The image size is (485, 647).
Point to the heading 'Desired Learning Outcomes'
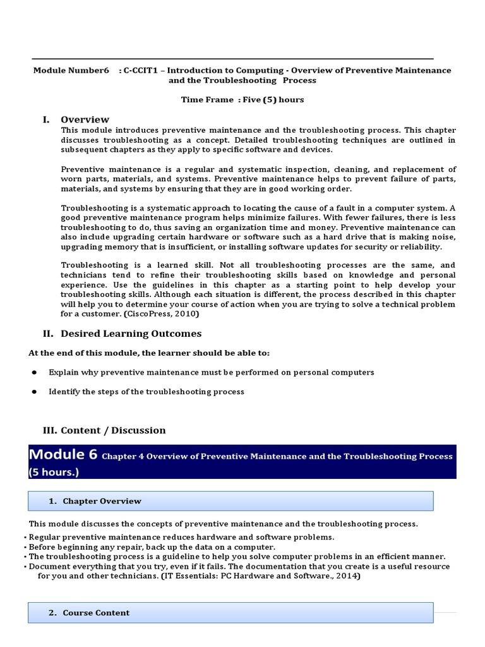pos(131,333)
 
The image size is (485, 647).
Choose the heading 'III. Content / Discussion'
pos(104,430)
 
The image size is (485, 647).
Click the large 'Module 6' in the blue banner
pos(63,454)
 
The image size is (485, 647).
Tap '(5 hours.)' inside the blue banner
pos(55,471)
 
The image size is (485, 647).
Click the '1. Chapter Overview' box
pos(231,501)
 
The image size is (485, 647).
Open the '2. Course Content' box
pos(231,612)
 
